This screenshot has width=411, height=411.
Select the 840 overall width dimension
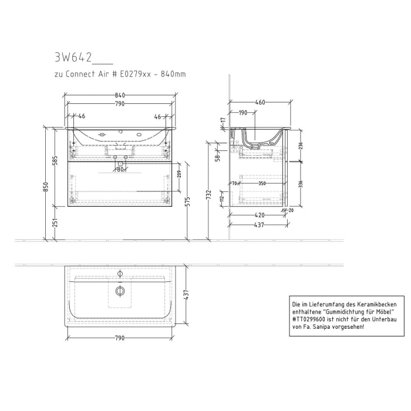tap(120, 95)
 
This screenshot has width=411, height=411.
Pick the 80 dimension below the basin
tap(120, 170)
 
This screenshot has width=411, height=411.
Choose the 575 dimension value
tap(188, 201)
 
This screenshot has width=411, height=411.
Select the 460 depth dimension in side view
tap(260, 102)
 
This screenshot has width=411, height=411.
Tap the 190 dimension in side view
tap(242, 113)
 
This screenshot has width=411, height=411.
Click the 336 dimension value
tap(301, 183)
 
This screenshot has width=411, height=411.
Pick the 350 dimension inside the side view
tap(262, 184)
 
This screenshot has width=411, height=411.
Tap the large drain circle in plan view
tap(120, 291)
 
